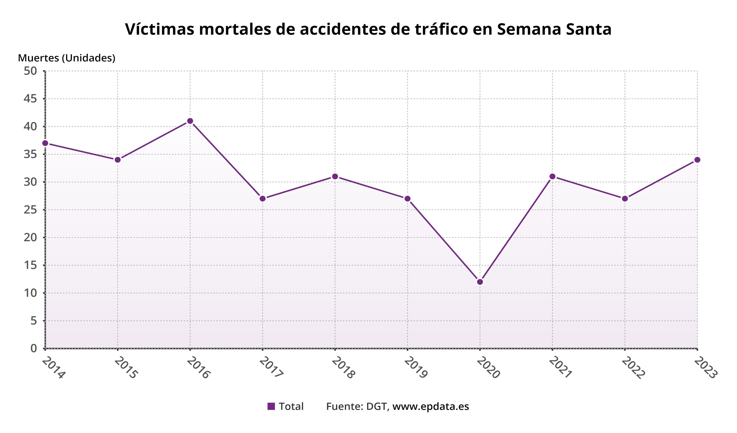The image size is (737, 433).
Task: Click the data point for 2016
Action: tap(190, 121)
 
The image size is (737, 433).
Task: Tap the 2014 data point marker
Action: tap(45, 143)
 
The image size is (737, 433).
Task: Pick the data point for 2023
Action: tap(697, 160)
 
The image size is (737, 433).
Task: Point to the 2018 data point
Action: tap(335, 176)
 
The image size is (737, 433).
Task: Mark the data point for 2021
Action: tap(552, 176)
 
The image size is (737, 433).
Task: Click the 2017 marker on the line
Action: tap(263, 199)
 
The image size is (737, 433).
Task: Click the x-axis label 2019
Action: tap(416, 368)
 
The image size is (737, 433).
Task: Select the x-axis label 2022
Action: tap(633, 368)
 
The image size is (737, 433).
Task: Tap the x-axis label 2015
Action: tap(126, 368)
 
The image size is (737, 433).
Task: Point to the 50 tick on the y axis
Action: tap(30, 71)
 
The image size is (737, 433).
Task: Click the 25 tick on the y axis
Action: tap(30, 210)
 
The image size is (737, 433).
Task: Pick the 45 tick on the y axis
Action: tap(30, 99)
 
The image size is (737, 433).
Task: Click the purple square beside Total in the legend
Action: tap(271, 406)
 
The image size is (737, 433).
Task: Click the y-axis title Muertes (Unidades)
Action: tap(66, 58)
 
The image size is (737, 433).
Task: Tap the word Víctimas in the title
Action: tap(159, 29)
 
